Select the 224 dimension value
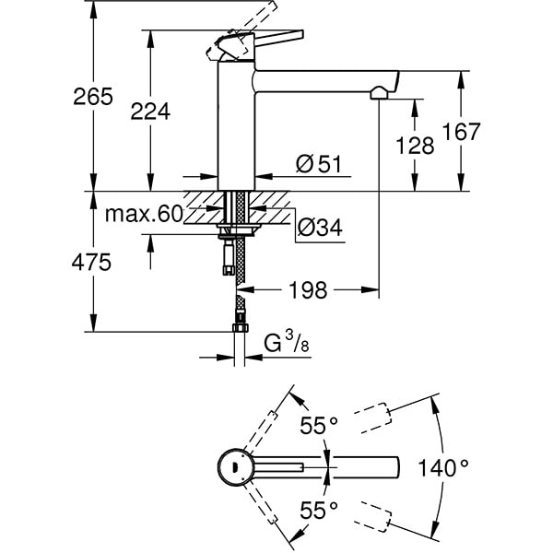150,112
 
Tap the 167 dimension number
461,132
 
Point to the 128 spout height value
415,144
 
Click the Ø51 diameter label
318,164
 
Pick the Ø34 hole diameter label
319,227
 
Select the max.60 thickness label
144,215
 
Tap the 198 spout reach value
308,291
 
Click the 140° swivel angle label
445,468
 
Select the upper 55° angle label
319,426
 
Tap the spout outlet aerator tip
379,93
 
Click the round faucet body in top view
233,467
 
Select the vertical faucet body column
234,129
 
